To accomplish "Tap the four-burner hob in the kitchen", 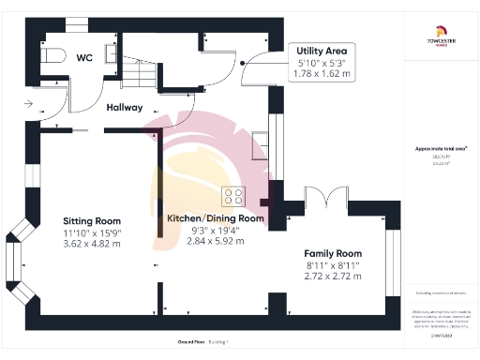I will point(232,197).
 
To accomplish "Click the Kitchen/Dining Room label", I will point(216,218).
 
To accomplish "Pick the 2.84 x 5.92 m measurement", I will point(216,241).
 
